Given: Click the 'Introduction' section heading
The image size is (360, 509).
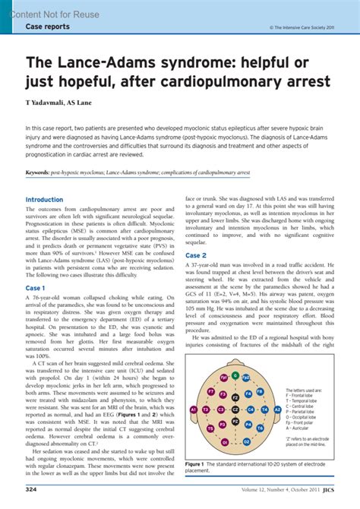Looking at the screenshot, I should point(44,200).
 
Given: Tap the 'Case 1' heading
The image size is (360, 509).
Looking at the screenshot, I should point(35,267).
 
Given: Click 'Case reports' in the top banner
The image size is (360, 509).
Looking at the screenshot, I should point(48,26).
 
